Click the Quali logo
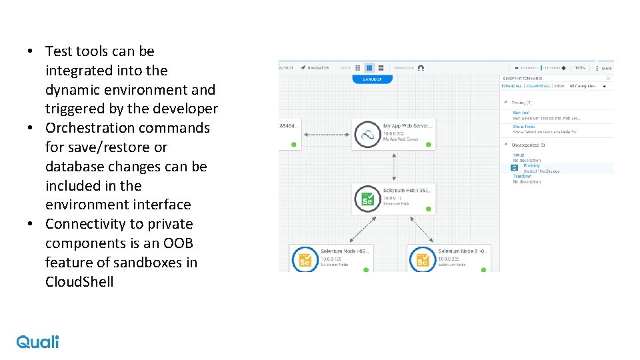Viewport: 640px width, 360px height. pyautogui.click(x=37, y=341)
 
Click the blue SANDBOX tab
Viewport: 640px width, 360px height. pyautogui.click(x=373, y=79)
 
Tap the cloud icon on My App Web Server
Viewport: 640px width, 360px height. pyautogui.click(x=367, y=134)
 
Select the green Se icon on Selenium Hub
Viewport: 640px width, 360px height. pyautogui.click(x=367, y=198)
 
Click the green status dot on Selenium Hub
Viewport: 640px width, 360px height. pyautogui.click(x=428, y=209)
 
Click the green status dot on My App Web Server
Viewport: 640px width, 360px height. pyautogui.click(x=428, y=144)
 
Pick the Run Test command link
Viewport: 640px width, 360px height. pyautogui.click(x=521, y=113)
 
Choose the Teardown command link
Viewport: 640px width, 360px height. pyautogui.click(x=522, y=176)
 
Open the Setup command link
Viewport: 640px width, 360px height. pyautogui.click(x=519, y=155)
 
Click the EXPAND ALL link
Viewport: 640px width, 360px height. pyautogui.click(x=511, y=86)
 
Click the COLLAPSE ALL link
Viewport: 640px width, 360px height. pyautogui.click(x=538, y=86)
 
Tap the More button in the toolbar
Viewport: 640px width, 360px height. pyautogui.click(x=606, y=68)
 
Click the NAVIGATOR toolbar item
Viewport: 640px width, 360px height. pyautogui.click(x=315, y=67)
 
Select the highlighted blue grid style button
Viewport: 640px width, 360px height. pyautogui.click(x=369, y=67)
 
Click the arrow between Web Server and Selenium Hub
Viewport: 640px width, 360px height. pyautogui.click(x=394, y=167)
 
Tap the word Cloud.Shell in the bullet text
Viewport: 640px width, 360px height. pyautogui.click(x=79, y=282)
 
